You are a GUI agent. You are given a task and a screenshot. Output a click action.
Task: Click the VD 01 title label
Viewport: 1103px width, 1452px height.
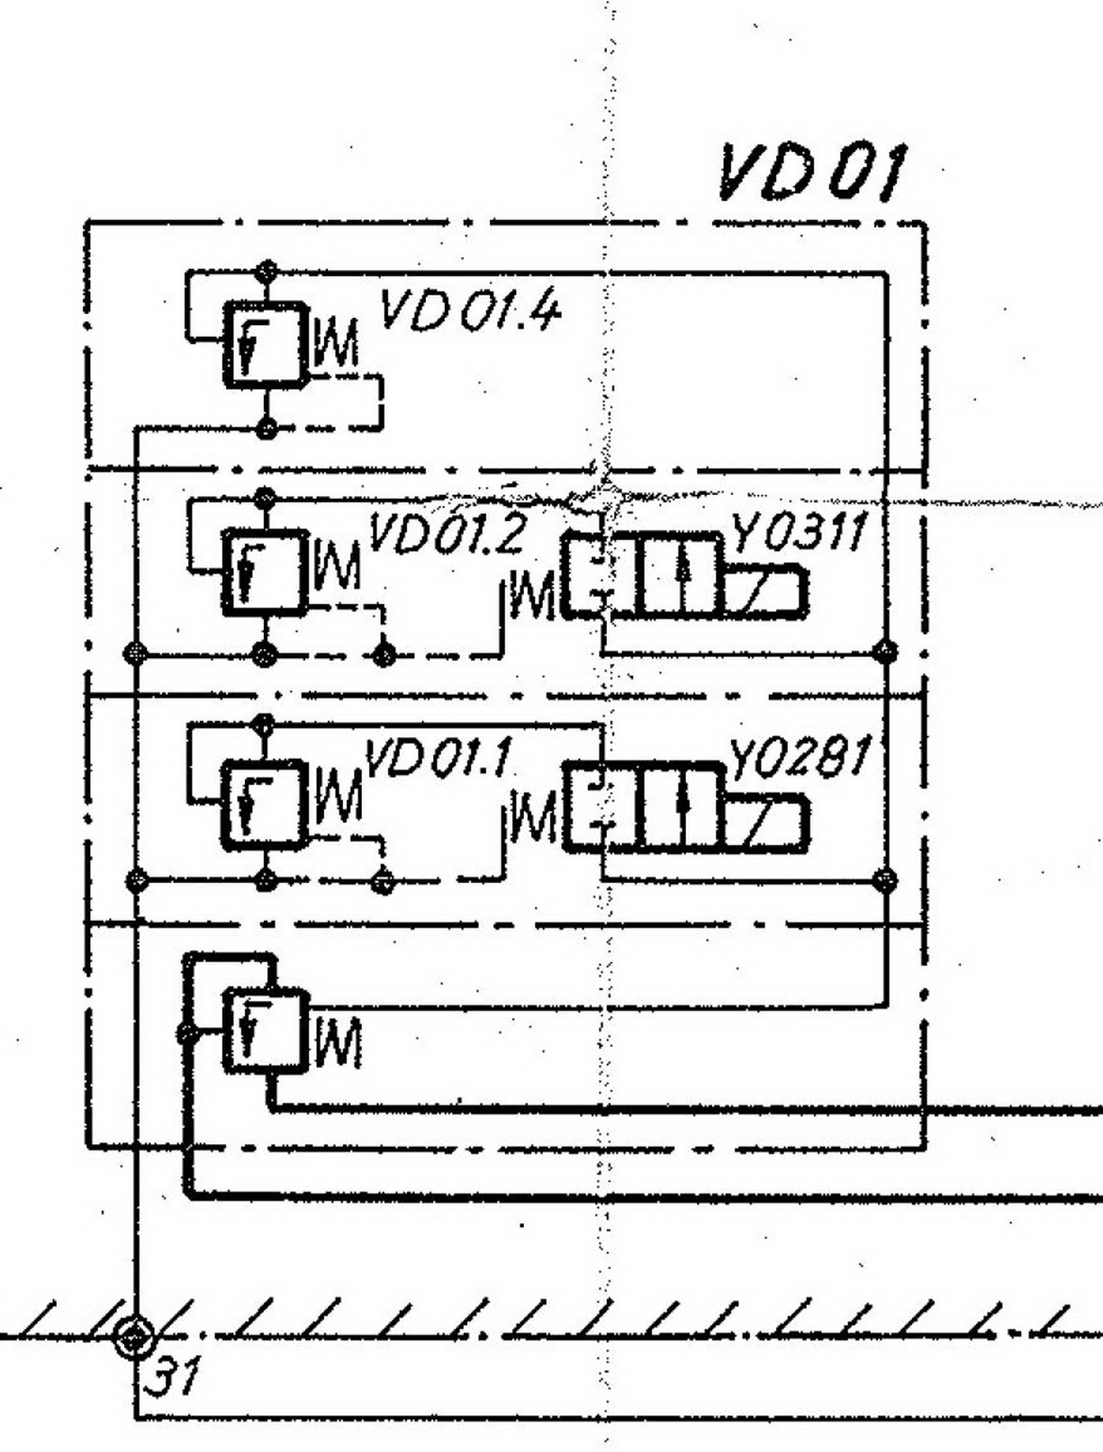coord(810,173)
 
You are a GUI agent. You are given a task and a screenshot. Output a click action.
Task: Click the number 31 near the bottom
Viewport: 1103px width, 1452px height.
coord(171,1375)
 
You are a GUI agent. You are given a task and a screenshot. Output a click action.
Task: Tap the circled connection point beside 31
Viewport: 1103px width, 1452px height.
coord(134,1336)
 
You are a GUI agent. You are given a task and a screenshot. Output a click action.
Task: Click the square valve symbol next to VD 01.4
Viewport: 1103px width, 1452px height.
coord(265,346)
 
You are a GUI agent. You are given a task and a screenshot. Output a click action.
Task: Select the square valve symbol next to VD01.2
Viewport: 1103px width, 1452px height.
coord(265,573)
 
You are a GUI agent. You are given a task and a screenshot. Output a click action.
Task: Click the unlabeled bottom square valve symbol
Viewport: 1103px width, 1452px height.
coord(266,1032)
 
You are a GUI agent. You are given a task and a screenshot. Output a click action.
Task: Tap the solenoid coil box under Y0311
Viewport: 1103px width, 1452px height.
coord(765,592)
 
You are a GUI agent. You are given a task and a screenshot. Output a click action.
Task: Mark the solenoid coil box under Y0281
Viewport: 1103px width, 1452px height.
coord(766,822)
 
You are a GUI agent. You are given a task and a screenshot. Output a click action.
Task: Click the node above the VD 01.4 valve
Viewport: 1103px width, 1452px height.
coord(265,270)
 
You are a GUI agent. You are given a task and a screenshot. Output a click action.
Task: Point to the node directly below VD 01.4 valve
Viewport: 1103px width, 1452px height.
coord(265,428)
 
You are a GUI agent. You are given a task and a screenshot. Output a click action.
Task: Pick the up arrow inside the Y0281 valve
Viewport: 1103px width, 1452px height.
coord(686,807)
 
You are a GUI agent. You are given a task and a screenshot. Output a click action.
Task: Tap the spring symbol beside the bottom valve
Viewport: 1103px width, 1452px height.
coord(338,1042)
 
